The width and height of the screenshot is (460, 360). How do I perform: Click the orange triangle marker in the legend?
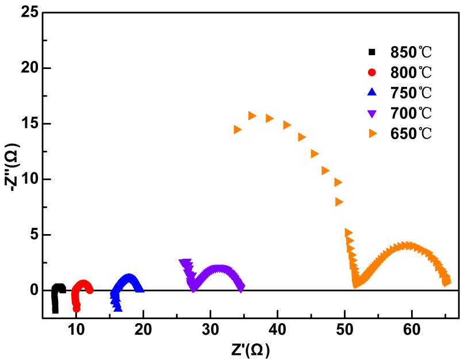coord(372,133)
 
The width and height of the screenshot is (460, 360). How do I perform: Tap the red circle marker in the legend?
coord(372,72)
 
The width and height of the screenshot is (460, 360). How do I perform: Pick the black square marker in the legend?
coord(372,52)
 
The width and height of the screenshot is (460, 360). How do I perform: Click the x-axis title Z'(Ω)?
coord(249,349)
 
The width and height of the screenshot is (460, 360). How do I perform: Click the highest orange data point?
coord(252,116)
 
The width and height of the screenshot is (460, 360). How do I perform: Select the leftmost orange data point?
coord(237,129)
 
